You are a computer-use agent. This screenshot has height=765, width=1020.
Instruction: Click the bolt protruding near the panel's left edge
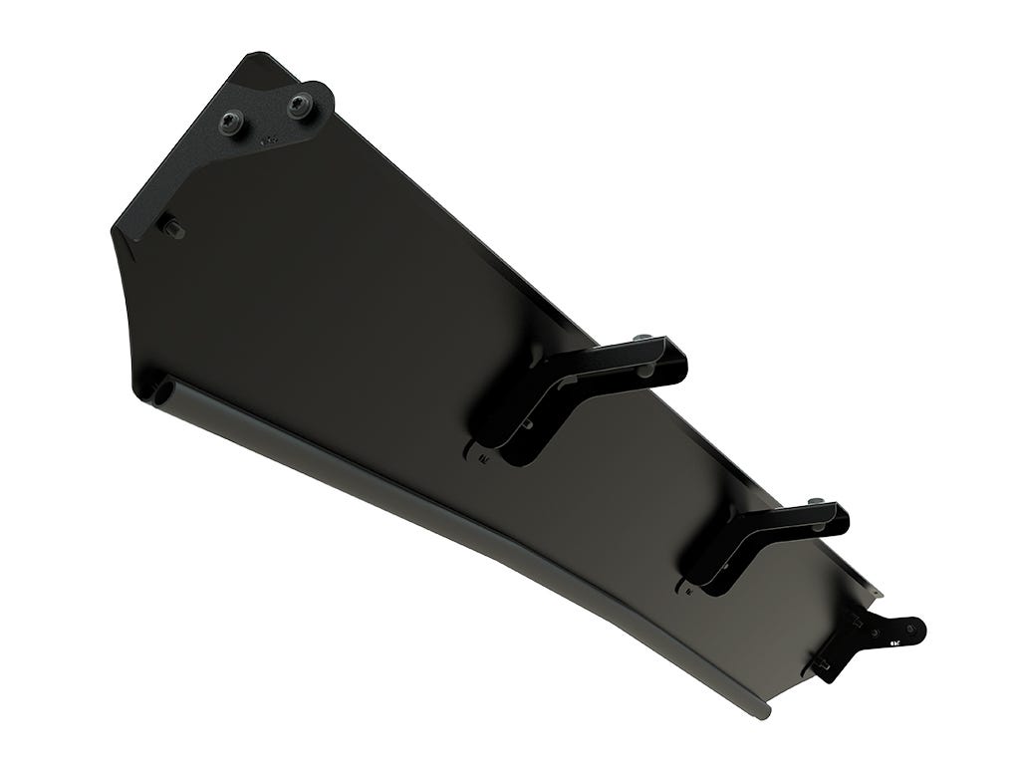pyautogui.click(x=172, y=228)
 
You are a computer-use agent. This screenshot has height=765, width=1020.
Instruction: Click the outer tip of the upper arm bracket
pyautogui.click(x=677, y=361)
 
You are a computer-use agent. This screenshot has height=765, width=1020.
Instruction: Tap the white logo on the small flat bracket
pyautogui.click(x=894, y=643)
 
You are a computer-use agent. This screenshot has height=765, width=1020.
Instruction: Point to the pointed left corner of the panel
pyautogui.click(x=113, y=232)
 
